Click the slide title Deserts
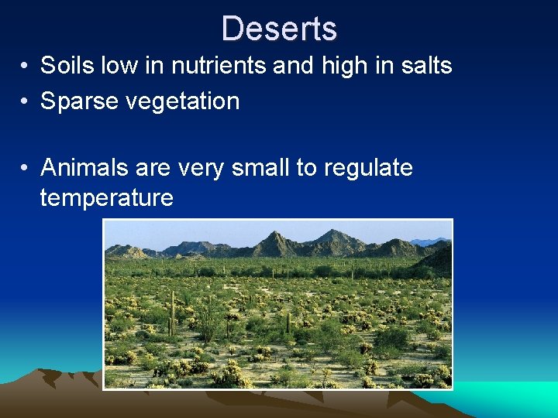pyautogui.click(x=279, y=29)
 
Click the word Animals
pyautogui.click(x=86, y=167)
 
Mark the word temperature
pyautogui.click(x=106, y=198)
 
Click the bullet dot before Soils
pyautogui.click(x=26, y=67)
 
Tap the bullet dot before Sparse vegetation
pyautogui.click(x=26, y=102)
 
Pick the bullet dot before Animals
pyautogui.click(x=26, y=168)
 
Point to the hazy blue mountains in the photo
pyautogui.click(x=430, y=242)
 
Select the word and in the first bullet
pyautogui.click(x=291, y=66)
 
